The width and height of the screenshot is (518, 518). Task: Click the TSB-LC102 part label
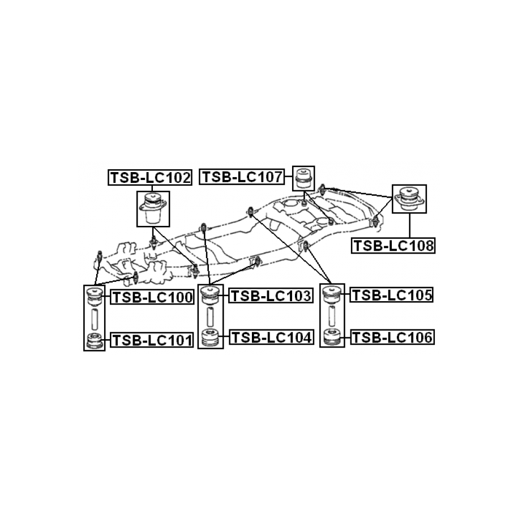click(x=150, y=178)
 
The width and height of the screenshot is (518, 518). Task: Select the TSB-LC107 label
click(x=243, y=177)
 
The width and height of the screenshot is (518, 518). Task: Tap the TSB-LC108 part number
click(x=393, y=246)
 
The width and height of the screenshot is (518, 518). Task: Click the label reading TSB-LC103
click(x=271, y=296)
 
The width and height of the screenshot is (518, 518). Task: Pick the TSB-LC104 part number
click(x=271, y=338)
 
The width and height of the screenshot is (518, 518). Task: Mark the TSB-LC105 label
click(x=392, y=295)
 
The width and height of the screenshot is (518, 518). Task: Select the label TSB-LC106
click(x=392, y=338)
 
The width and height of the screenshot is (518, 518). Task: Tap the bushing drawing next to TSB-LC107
click(x=303, y=178)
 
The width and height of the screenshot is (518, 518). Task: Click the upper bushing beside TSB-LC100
click(x=94, y=296)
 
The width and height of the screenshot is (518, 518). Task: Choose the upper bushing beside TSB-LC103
click(x=211, y=296)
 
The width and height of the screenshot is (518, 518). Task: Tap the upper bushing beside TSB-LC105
click(x=331, y=295)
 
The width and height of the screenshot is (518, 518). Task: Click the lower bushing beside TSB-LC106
click(x=331, y=337)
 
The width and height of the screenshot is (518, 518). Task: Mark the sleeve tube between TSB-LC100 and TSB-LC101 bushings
click(x=94, y=319)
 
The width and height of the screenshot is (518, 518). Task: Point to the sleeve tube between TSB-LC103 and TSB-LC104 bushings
click(x=211, y=317)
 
